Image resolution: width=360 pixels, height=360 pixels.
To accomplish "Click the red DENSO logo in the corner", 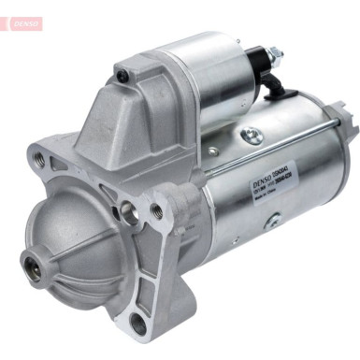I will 21,21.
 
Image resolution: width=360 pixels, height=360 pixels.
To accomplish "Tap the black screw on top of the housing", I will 121,71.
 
